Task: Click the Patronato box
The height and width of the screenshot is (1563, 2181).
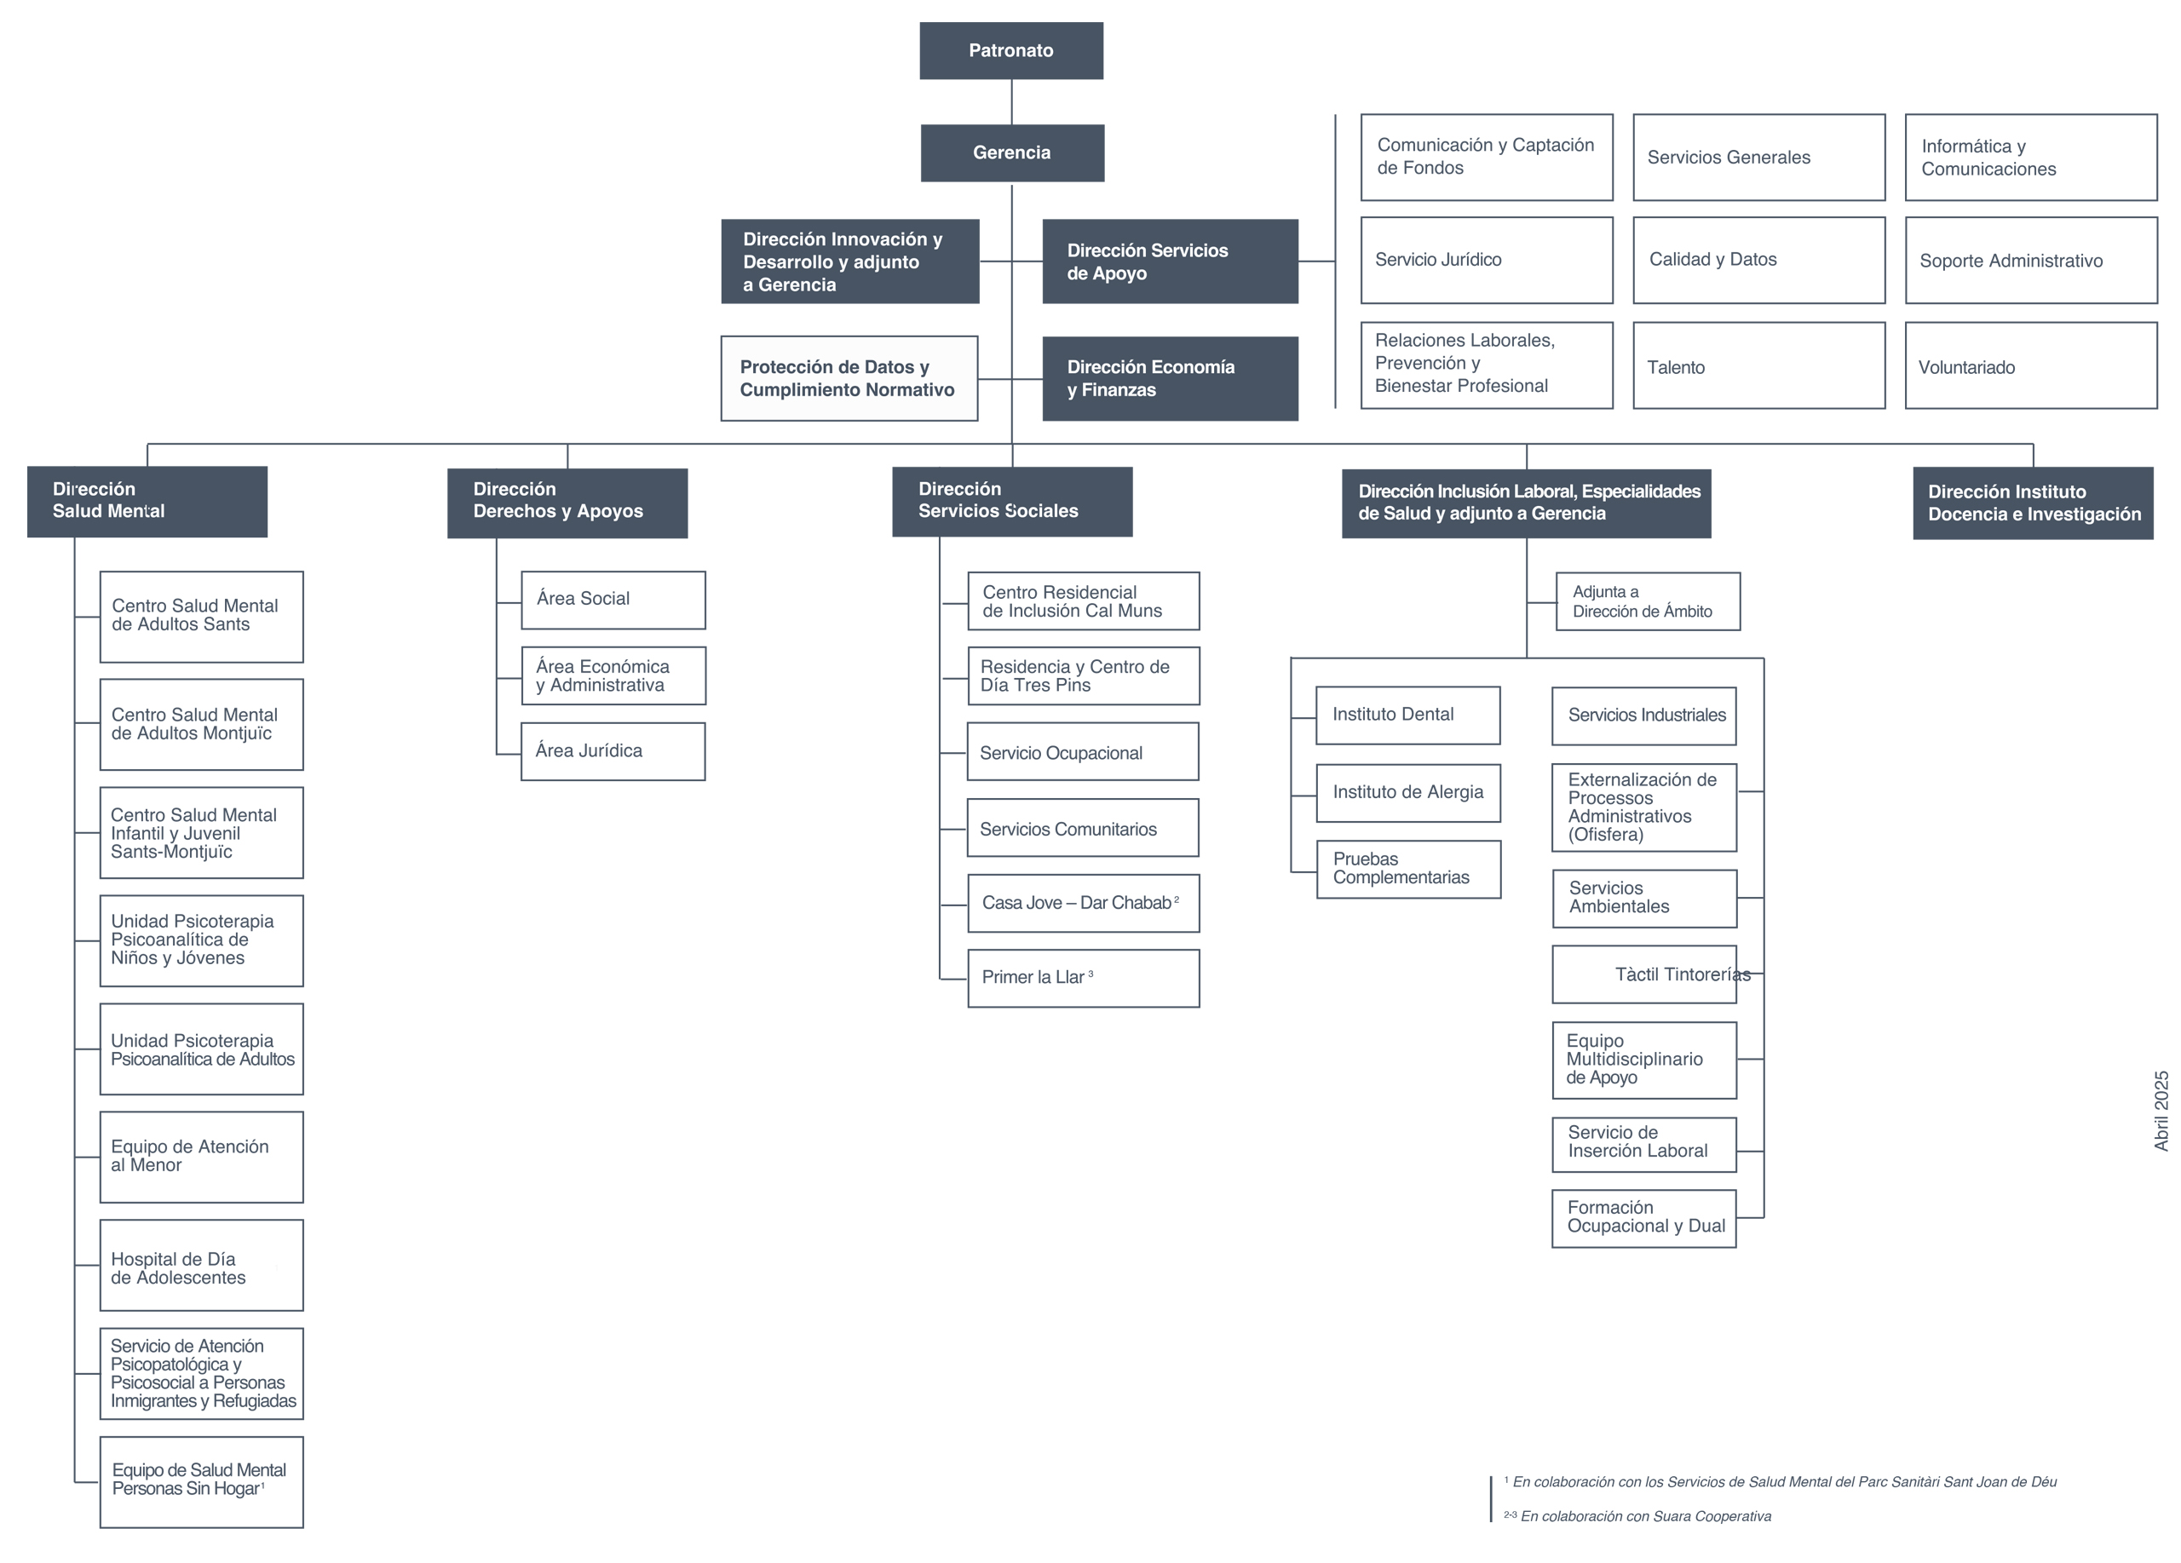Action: [x=1010, y=51]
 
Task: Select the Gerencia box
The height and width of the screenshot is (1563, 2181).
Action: [x=1011, y=152]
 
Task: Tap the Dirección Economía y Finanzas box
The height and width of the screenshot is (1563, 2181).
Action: [x=1170, y=379]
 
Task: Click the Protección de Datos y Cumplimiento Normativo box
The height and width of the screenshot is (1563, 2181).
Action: [x=849, y=379]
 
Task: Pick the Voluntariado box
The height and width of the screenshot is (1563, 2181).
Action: [x=2031, y=365]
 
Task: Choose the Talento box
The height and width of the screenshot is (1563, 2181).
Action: [x=1758, y=365]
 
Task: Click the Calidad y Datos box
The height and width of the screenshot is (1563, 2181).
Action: [x=1758, y=261]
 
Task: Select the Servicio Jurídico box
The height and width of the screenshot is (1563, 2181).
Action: [x=1487, y=261]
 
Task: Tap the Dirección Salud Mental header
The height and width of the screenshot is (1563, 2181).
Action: [x=147, y=502]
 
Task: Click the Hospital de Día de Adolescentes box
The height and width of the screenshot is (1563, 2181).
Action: [x=201, y=1265]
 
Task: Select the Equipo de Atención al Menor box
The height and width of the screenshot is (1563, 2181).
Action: [x=201, y=1158]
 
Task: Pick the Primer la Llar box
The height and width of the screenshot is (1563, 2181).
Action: [x=1084, y=979]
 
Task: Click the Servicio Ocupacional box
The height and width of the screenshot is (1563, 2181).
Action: [x=1083, y=752]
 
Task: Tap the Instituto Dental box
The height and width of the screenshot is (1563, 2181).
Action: [x=1407, y=715]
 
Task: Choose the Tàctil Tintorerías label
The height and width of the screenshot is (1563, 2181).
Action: [x=1683, y=974]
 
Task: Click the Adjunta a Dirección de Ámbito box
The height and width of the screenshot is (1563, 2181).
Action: [x=1649, y=601]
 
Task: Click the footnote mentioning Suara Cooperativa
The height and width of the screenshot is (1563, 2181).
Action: [x=1637, y=1516]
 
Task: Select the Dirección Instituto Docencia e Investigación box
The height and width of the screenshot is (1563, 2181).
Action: [x=2033, y=503]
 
